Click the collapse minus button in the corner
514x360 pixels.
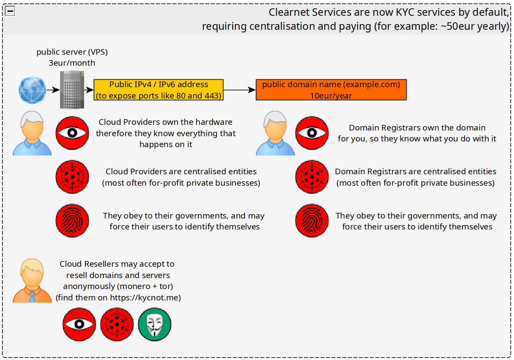(10, 11)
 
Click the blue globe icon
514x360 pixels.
(32, 90)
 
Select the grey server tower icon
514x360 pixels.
(72, 90)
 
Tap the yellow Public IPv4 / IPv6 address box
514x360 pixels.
(159, 90)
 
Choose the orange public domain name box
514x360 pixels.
(331, 90)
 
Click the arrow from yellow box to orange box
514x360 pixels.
(240, 90)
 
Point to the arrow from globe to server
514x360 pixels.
(53, 90)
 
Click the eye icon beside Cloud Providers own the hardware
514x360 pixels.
(72, 133)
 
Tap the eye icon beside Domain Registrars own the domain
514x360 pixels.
(312, 133)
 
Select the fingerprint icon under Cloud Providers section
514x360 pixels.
(72, 221)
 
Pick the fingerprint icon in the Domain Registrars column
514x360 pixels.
(312, 221)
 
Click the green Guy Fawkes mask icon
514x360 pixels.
(155, 324)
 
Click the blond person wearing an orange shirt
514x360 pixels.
(32, 280)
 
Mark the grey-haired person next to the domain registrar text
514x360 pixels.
(275, 133)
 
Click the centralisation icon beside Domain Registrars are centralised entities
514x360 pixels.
(312, 177)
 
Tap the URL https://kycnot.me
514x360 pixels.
(144, 297)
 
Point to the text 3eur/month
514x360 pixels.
(72, 63)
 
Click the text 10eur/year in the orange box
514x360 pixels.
(331, 95)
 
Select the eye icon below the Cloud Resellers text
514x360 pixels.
(79, 324)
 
